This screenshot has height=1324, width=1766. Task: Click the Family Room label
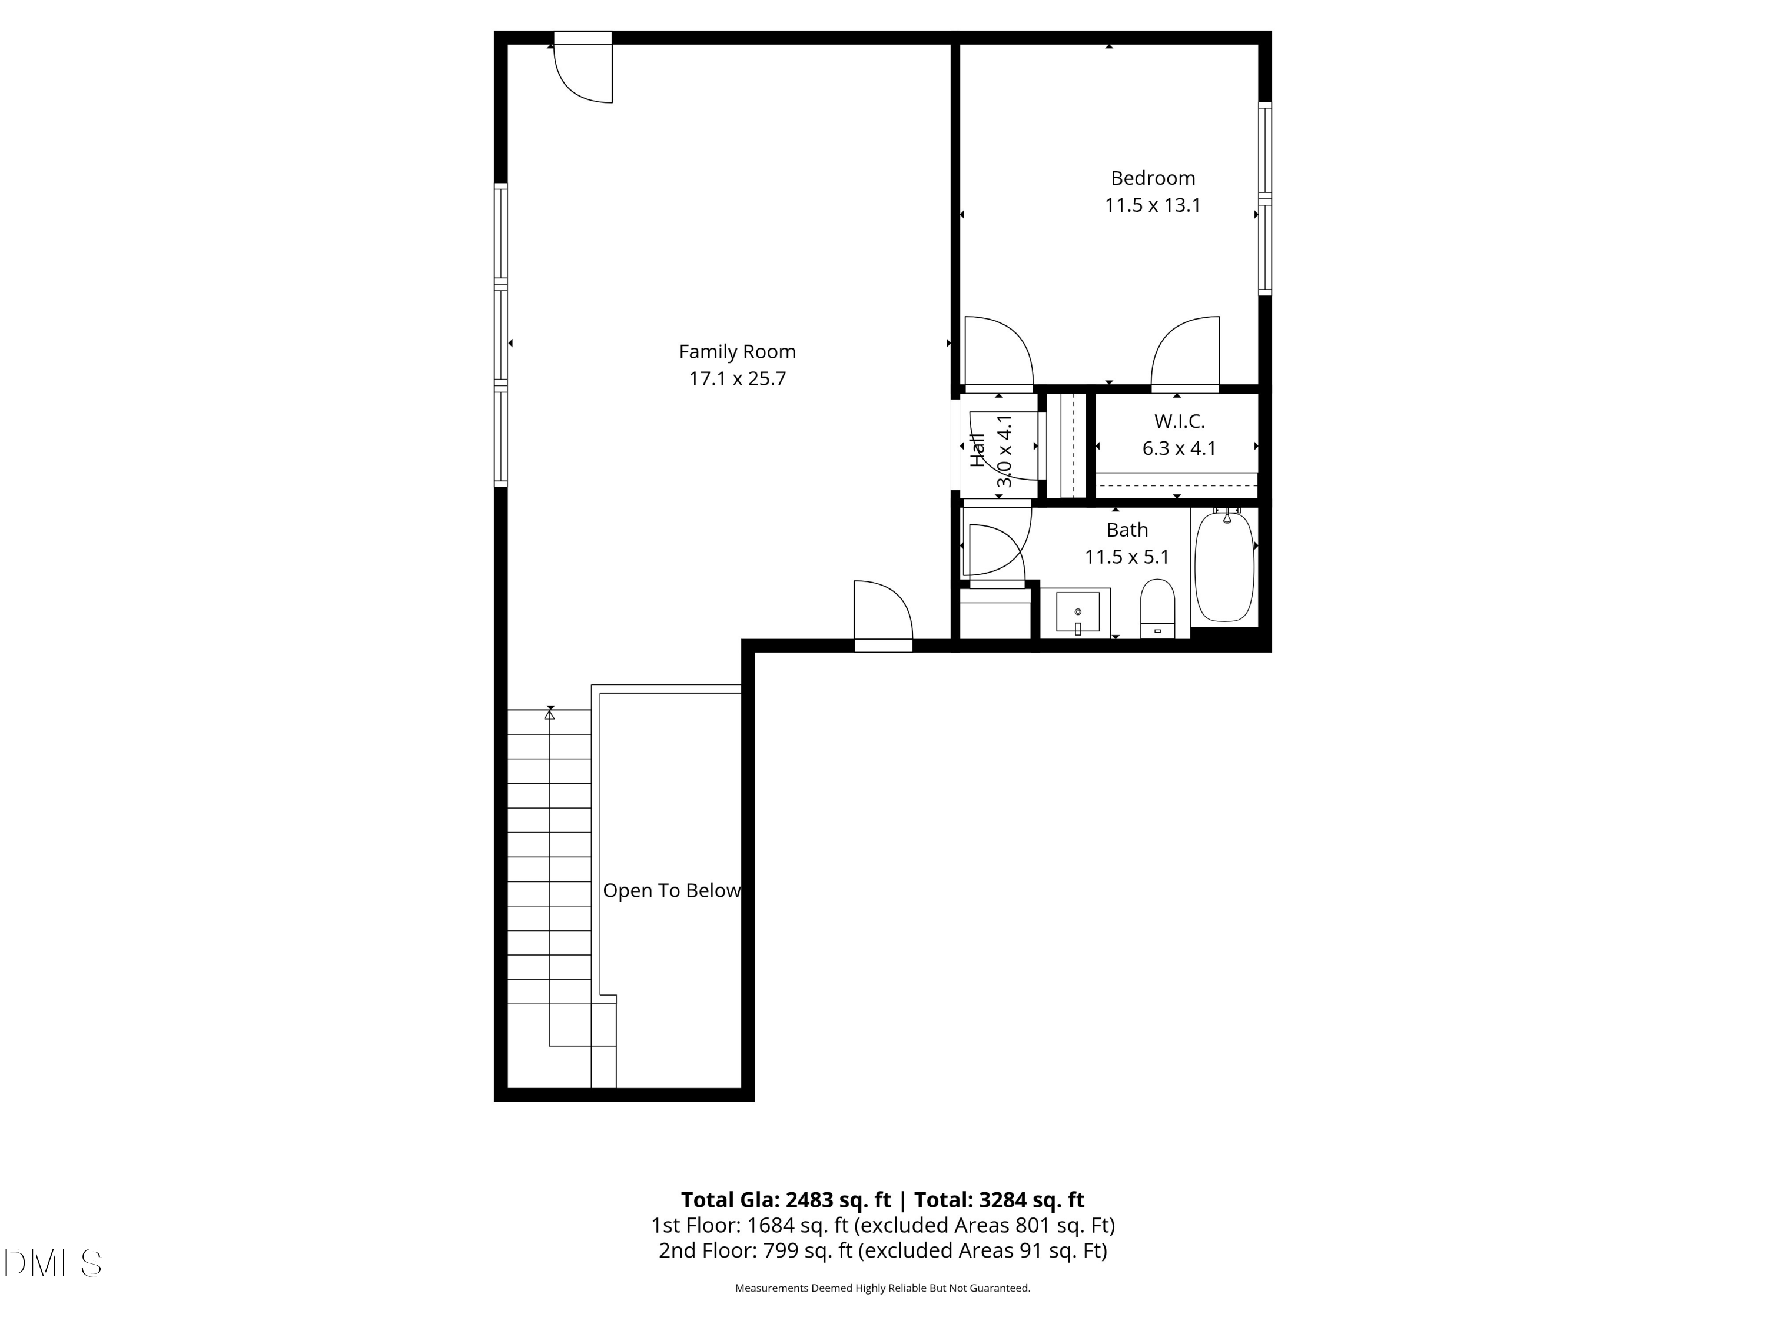tap(737, 352)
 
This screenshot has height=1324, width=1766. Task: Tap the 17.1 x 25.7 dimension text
tap(737, 379)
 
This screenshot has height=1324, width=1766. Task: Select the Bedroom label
tap(1153, 178)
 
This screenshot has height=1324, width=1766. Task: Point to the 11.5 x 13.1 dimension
tap(1153, 205)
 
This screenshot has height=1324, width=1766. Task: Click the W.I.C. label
tap(1179, 421)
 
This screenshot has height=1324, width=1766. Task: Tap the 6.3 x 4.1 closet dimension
tap(1179, 448)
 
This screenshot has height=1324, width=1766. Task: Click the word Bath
tap(1127, 530)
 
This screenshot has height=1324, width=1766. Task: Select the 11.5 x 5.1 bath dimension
tap(1127, 557)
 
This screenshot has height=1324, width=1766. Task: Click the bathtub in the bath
tap(1224, 567)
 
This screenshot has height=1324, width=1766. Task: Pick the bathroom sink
tap(1078, 612)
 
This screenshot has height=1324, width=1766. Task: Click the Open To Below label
tap(672, 891)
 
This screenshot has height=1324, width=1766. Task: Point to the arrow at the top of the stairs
tap(549, 712)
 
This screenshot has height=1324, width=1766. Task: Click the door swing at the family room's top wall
tap(583, 74)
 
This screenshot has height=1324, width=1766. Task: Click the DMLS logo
tap(53, 1263)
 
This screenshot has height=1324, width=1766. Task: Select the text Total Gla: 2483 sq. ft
tap(786, 1199)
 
